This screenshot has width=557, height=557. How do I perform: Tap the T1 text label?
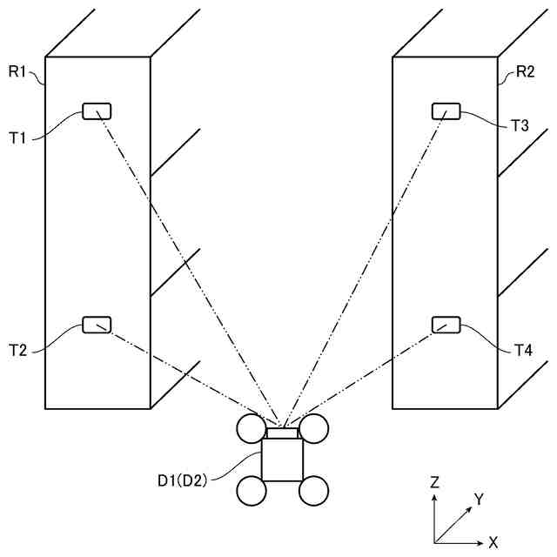click(x=19, y=137)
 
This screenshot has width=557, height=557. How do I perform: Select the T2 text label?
click(x=19, y=350)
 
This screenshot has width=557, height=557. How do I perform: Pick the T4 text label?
click(x=522, y=350)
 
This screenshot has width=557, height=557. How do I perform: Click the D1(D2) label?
click(x=182, y=480)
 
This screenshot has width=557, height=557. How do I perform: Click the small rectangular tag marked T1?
click(x=97, y=111)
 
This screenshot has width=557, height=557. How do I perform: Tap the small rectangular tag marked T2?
click(x=96, y=325)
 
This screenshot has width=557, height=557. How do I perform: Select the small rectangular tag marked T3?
click(x=446, y=111)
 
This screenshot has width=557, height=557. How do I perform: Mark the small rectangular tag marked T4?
click(x=446, y=325)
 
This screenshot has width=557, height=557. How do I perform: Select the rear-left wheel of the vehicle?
click(x=252, y=492)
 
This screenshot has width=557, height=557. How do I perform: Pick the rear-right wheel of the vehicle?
click(x=313, y=492)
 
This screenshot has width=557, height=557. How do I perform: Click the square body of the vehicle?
click(x=282, y=460)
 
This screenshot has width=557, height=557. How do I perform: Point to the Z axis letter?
click(x=434, y=481)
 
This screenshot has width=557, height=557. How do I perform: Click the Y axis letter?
click(x=478, y=499)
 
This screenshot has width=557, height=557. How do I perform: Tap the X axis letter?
click(x=493, y=542)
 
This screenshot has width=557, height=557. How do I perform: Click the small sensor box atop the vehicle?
click(x=282, y=433)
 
